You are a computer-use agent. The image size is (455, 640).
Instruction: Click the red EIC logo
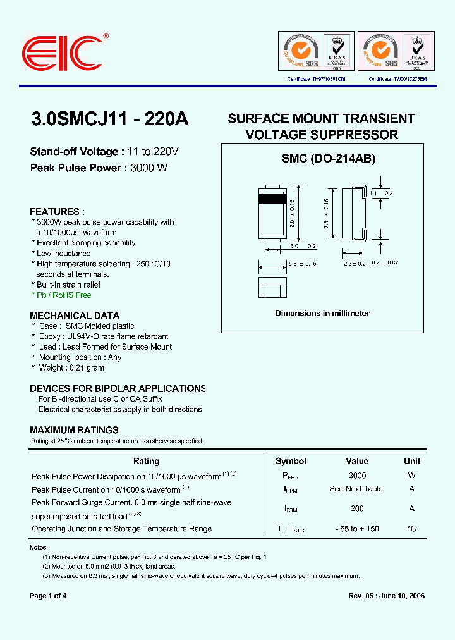pos(61,51)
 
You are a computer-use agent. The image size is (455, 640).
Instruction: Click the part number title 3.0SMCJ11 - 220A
pos(109,120)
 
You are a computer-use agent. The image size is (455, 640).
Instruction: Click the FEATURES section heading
pos(57,212)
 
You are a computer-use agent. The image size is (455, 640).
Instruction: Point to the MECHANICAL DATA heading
pos(75,316)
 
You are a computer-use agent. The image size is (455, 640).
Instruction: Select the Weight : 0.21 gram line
pos(71,367)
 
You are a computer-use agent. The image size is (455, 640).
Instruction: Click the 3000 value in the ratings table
pos(357,476)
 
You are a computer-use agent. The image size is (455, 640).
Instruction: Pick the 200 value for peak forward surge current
pos(357,508)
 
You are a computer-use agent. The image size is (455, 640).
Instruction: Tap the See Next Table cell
pos(356,489)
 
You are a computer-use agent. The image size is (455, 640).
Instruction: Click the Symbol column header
pos(291,461)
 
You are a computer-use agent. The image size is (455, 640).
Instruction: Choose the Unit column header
pos(412,461)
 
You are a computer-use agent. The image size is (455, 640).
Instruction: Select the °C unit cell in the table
pos(412,529)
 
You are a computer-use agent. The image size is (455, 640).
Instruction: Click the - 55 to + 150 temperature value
pos(357,529)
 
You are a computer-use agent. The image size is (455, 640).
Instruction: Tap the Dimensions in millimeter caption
pos(322,313)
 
